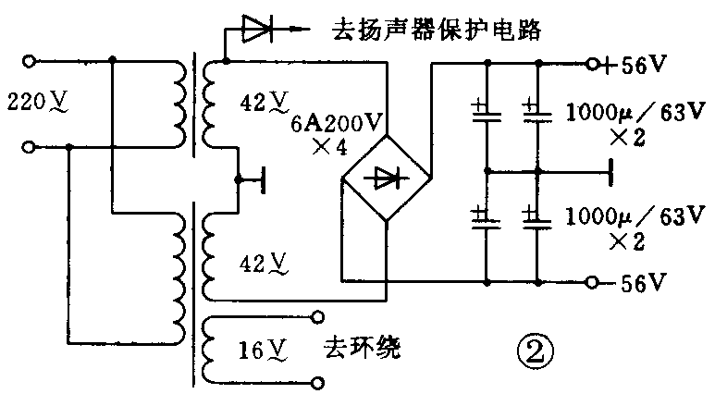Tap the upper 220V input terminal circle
pyautogui.click(x=30, y=61)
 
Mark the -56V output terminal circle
pyautogui.click(x=592, y=282)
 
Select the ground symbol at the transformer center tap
pyautogui.click(x=264, y=179)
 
